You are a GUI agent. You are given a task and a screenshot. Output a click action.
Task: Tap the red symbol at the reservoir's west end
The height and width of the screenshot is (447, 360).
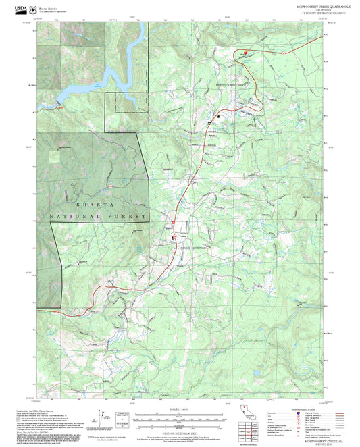pyautogui.click(x=59, y=107)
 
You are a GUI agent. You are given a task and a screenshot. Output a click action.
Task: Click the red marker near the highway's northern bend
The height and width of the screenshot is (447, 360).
pyautogui.click(x=245, y=52)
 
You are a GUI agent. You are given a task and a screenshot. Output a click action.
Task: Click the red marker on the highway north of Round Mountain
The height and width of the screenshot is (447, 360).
pyautogui.click(x=172, y=222)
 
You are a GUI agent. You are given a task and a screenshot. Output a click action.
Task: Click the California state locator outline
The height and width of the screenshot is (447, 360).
pyautogui.click(x=245, y=413)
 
